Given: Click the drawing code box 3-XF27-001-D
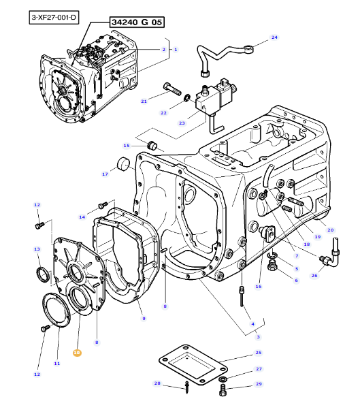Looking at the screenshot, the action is (54, 18).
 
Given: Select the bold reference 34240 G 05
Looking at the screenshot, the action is (137, 22).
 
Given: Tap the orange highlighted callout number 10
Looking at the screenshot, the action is (77, 353).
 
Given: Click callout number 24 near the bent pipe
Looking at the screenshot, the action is (274, 37).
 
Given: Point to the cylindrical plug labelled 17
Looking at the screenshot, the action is (124, 164).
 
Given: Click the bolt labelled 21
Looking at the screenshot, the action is (172, 89).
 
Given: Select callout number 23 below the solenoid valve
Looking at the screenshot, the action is (182, 123).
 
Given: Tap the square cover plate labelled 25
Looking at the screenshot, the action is (193, 364).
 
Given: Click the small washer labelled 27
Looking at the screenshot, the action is (223, 380).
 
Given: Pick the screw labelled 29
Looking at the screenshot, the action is (223, 390).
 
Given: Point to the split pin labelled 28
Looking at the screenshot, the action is (187, 387).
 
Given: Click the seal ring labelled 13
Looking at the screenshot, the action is (43, 274).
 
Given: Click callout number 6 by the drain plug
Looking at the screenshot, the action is (296, 280).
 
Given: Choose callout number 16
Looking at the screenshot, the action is (258, 286).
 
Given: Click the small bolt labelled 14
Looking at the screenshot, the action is (103, 205).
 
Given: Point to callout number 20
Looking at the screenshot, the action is (331, 230).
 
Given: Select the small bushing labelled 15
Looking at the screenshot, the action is (152, 145).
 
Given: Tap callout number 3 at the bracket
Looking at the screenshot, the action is (258, 336).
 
